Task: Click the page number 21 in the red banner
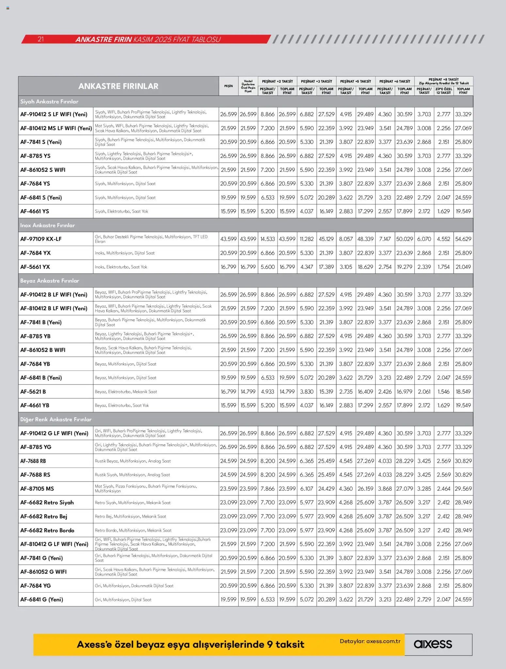click(40, 40)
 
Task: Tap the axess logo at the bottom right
click(433, 644)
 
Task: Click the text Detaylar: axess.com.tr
click(370, 641)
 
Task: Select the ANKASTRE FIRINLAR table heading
click(118, 86)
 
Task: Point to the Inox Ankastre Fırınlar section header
click(48, 225)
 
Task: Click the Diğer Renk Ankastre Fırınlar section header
click(56, 419)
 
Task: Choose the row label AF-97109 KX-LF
click(41, 239)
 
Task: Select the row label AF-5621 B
click(33, 391)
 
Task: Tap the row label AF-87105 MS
click(37, 488)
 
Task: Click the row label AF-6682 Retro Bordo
click(47, 530)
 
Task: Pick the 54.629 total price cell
click(463, 239)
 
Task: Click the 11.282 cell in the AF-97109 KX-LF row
click(307, 239)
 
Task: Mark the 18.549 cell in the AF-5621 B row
click(463, 391)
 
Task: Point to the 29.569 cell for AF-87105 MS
click(463, 488)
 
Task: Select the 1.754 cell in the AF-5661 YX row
click(443, 267)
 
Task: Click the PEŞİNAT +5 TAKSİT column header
click(356, 81)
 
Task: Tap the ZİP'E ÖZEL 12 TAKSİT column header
click(443, 91)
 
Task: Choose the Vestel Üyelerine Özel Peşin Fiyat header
click(248, 86)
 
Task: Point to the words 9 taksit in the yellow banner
click(285, 645)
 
